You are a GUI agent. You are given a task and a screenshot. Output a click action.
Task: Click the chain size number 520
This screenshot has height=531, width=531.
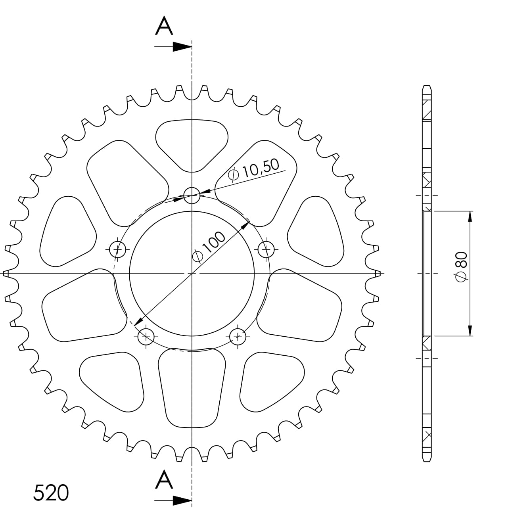tap(51, 493)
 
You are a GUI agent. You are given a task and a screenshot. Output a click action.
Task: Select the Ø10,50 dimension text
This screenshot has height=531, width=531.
tap(255, 170)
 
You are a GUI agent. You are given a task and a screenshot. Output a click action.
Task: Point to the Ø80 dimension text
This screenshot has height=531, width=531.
tap(462, 266)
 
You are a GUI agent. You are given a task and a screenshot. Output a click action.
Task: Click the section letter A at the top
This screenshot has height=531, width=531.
tap(164, 27)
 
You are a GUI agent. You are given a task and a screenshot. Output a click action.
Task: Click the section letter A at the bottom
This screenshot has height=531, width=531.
tap(164, 480)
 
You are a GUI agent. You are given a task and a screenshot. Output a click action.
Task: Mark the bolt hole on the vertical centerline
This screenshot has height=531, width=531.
tap(192, 196)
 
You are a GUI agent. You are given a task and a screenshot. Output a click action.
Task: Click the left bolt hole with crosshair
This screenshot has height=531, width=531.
tap(118, 249)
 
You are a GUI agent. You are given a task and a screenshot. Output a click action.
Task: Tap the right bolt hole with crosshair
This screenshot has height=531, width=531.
tap(266, 249)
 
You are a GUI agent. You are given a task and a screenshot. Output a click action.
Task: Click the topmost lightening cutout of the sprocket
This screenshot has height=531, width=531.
tap(192, 143)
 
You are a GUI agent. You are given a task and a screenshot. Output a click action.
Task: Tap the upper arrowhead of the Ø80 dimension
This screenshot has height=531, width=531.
tap(470, 217)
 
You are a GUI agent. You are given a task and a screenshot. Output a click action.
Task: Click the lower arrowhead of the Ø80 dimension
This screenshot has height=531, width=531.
tap(470, 330)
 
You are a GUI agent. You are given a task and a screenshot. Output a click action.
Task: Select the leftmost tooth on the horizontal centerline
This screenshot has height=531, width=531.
tap(6, 273)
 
